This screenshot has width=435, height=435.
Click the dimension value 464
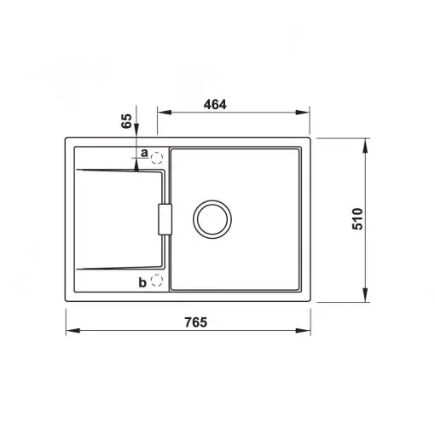[215, 105]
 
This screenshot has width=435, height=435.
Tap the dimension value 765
[196, 322]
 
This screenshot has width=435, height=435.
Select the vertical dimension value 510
[357, 218]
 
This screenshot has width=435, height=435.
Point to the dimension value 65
[126, 121]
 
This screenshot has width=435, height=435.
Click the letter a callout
[144, 153]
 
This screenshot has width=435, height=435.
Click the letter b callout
[142, 282]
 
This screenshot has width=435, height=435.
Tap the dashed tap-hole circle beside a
[156, 158]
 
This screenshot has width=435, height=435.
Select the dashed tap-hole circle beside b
[156, 281]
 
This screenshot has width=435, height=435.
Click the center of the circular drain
[212, 219]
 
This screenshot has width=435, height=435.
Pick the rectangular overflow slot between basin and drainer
[165, 219]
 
